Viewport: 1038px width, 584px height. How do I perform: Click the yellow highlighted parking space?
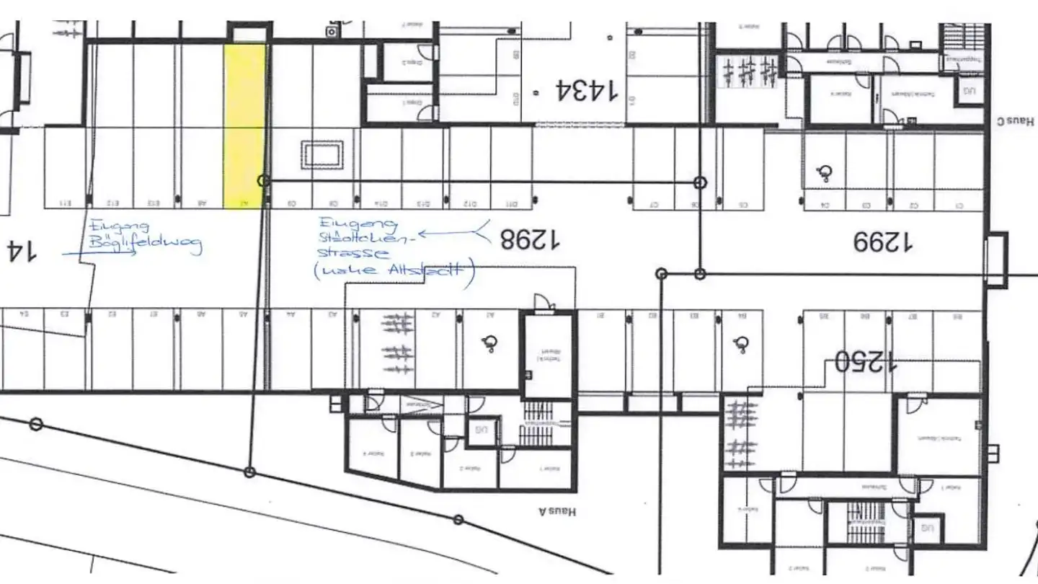(x=244, y=126)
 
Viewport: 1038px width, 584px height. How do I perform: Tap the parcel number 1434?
(x=586, y=91)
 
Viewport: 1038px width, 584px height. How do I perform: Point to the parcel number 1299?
(x=882, y=242)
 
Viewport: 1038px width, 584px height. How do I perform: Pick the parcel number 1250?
(x=866, y=360)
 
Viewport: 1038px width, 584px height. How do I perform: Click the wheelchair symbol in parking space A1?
(x=491, y=344)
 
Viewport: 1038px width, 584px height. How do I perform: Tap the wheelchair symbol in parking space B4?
(x=740, y=345)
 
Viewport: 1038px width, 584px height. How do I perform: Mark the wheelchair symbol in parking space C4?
(x=825, y=172)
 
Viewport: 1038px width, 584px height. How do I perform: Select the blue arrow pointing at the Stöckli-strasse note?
(x=454, y=232)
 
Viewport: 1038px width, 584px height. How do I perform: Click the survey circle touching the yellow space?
(x=264, y=180)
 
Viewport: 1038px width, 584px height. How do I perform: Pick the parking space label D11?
(x=513, y=203)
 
